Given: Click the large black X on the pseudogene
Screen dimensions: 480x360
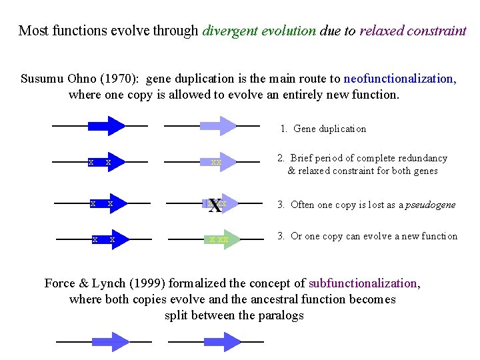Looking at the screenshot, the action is pos(215,205).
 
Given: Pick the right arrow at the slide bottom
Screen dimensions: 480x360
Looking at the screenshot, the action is pos(213,342).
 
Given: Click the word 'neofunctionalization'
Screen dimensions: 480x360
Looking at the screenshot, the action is pos(398,79).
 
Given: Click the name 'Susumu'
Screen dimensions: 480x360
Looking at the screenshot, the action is pos(42,79).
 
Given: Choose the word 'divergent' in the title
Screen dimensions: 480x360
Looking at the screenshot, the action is pos(230,31).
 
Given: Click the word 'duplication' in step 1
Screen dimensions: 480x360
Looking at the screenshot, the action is pos(343,129).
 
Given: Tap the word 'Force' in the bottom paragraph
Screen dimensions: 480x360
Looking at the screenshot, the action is pos(59,283).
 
